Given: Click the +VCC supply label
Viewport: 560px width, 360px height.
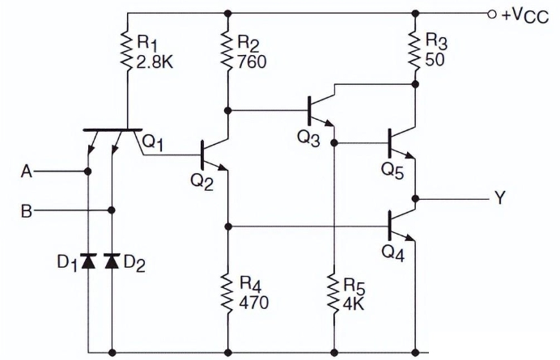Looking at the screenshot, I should tap(524, 15).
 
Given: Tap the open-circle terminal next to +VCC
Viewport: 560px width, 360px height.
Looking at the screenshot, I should tap(490, 14).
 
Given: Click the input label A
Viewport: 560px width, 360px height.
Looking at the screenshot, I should tap(27, 172).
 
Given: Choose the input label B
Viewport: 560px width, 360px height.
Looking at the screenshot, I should tap(27, 211).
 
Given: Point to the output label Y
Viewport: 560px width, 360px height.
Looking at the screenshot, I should tap(499, 198).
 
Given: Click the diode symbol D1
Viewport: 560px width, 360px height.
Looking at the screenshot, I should tap(87, 260).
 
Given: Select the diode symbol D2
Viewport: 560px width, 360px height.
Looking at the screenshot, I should tap(112, 260).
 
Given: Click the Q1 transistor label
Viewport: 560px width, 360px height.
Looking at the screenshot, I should tap(155, 142).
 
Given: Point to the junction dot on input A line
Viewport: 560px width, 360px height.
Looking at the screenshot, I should tap(87, 172).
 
